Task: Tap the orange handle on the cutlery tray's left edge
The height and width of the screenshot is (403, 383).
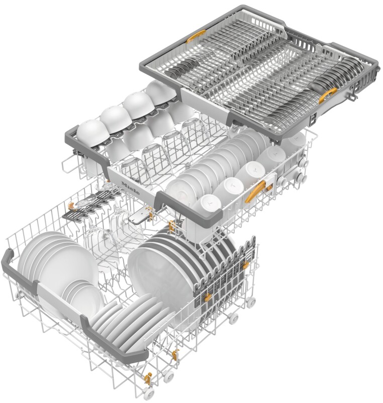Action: pyautogui.click(x=196, y=36)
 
